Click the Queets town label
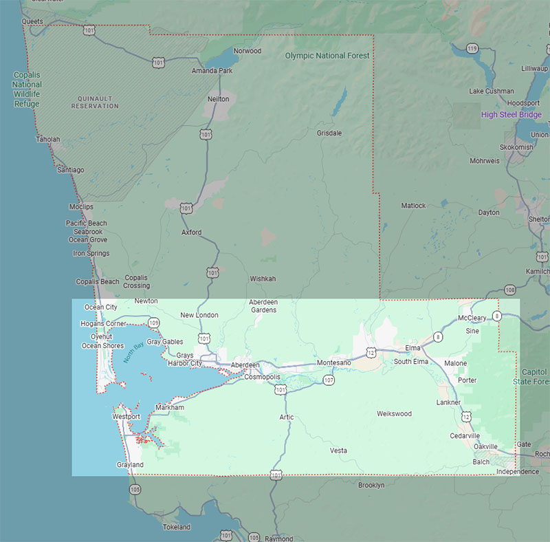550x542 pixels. (32, 21)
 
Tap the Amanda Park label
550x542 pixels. (212, 71)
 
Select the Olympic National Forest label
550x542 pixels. (327, 56)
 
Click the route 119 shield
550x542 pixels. (472, 48)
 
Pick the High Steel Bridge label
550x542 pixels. (511, 115)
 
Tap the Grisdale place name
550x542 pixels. (329, 133)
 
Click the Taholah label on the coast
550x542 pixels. (48, 139)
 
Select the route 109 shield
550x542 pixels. (153, 322)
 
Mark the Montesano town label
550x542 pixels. (333, 362)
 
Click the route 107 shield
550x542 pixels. (329, 380)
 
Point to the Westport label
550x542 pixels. (126, 417)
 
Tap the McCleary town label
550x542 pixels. (472, 318)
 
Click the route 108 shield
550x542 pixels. (509, 290)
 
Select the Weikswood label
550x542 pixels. (394, 413)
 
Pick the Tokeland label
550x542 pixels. (177, 527)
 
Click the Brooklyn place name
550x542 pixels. (371, 485)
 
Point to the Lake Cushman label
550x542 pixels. (491, 91)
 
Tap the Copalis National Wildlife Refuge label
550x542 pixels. (27, 89)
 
